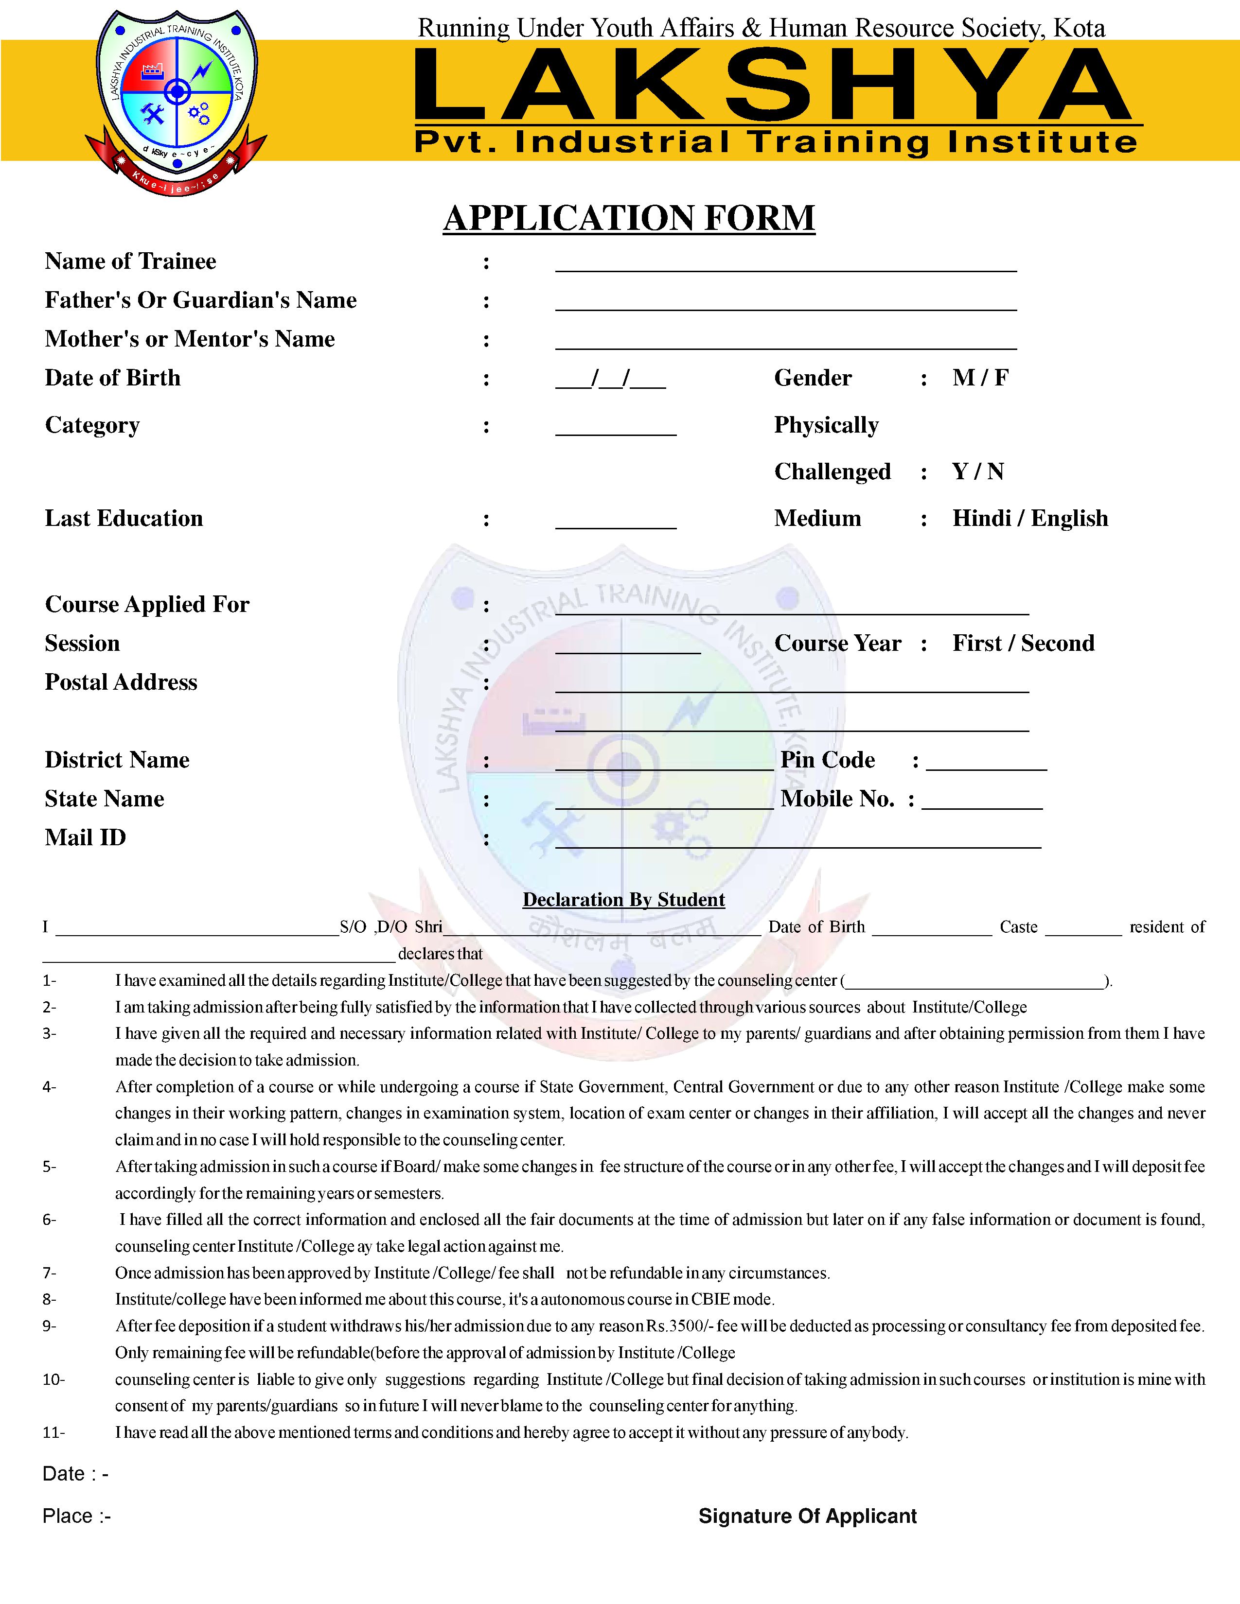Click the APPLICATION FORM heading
tap(629, 218)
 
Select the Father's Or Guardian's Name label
tap(200, 300)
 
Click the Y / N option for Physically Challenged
tap(977, 471)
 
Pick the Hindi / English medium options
tap(1030, 519)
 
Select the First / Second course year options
tap(1023, 644)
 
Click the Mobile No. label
tap(837, 799)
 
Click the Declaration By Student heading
tap(624, 900)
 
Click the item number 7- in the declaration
tap(49, 1273)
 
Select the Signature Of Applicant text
tap(807, 1516)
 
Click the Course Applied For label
tap(147, 605)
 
